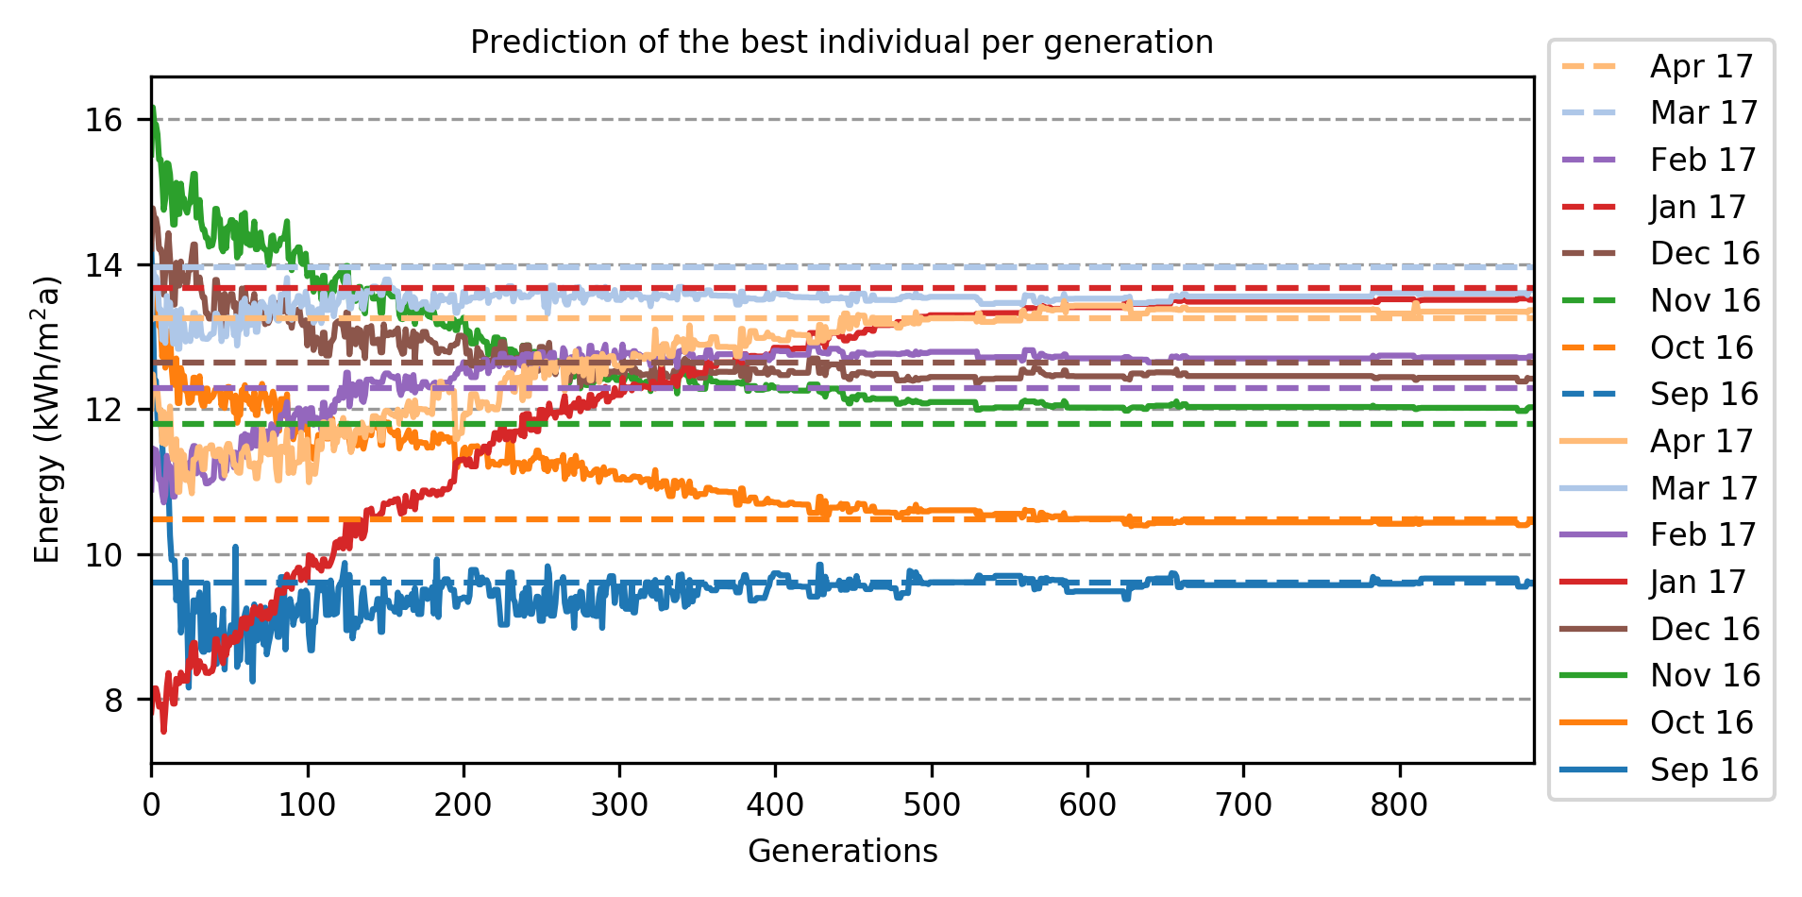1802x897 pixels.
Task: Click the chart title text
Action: pyautogui.click(x=841, y=42)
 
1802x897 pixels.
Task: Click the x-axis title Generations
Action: pyautogui.click(x=842, y=852)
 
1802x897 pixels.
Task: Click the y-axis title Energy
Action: pyautogui.click(x=47, y=419)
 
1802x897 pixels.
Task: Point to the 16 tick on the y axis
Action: pyautogui.click(x=104, y=120)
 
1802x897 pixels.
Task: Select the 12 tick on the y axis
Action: pyautogui.click(x=104, y=410)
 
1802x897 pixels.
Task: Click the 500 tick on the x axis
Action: pyautogui.click(x=932, y=805)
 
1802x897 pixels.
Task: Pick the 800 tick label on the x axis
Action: pyautogui.click(x=1399, y=805)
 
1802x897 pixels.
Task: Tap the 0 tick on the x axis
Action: pyautogui.click(x=151, y=805)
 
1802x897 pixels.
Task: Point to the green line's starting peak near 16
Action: pyautogui.click(x=153, y=109)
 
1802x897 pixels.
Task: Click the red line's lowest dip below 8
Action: pyautogui.click(x=163, y=730)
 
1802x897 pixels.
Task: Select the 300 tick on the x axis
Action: pyautogui.click(x=619, y=805)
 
